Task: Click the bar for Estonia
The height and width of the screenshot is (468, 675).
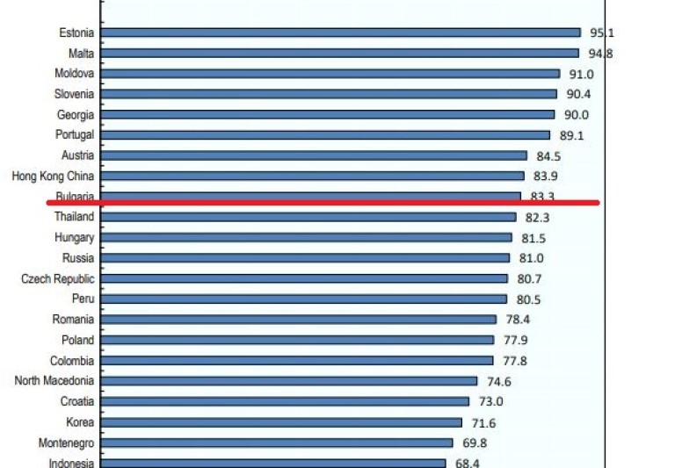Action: (341, 32)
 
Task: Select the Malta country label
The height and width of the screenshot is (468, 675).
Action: (80, 54)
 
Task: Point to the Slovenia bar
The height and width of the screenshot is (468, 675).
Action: (330, 94)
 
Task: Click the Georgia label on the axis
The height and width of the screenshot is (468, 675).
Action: (76, 114)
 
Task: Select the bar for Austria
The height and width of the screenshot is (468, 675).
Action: (315, 155)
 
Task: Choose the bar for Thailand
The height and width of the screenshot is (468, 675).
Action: (309, 217)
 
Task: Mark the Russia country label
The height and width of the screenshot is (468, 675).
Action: (78, 258)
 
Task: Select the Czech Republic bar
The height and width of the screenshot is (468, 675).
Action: (305, 278)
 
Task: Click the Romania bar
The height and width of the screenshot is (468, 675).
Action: (299, 320)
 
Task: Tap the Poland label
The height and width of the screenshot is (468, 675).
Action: (78, 340)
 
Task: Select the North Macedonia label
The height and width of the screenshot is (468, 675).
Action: (54, 380)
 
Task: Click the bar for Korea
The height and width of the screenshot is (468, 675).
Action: (284, 422)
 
